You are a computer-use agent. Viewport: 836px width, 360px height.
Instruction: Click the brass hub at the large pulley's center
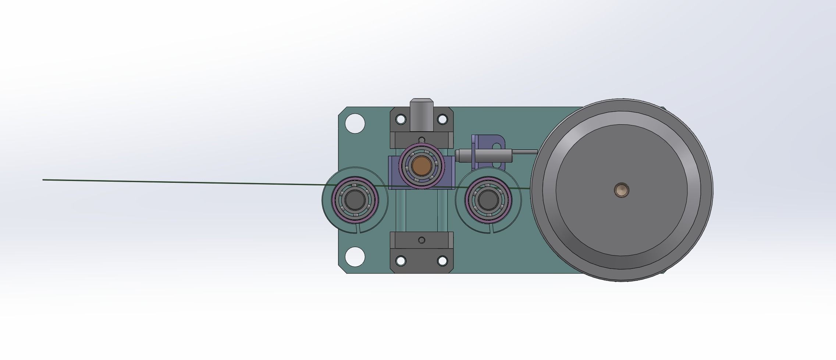point(621,190)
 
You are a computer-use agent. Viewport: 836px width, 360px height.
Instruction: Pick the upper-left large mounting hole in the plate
point(355,123)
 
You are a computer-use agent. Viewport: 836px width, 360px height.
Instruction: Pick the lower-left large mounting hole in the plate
point(355,256)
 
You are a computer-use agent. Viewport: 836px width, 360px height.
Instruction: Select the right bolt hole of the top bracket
point(442,119)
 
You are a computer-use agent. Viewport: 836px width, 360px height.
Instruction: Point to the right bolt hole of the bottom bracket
point(442,261)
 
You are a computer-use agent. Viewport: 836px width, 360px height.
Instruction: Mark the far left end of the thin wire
point(44,180)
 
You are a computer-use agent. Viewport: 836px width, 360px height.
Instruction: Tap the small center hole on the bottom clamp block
point(421,240)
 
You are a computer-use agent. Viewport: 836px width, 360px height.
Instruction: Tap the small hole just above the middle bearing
point(421,139)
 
